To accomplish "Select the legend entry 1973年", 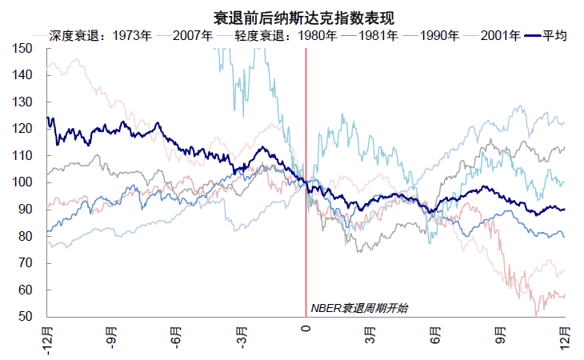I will (132, 36).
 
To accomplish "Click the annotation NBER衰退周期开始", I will (358, 308).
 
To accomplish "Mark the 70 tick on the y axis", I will (25, 263).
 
